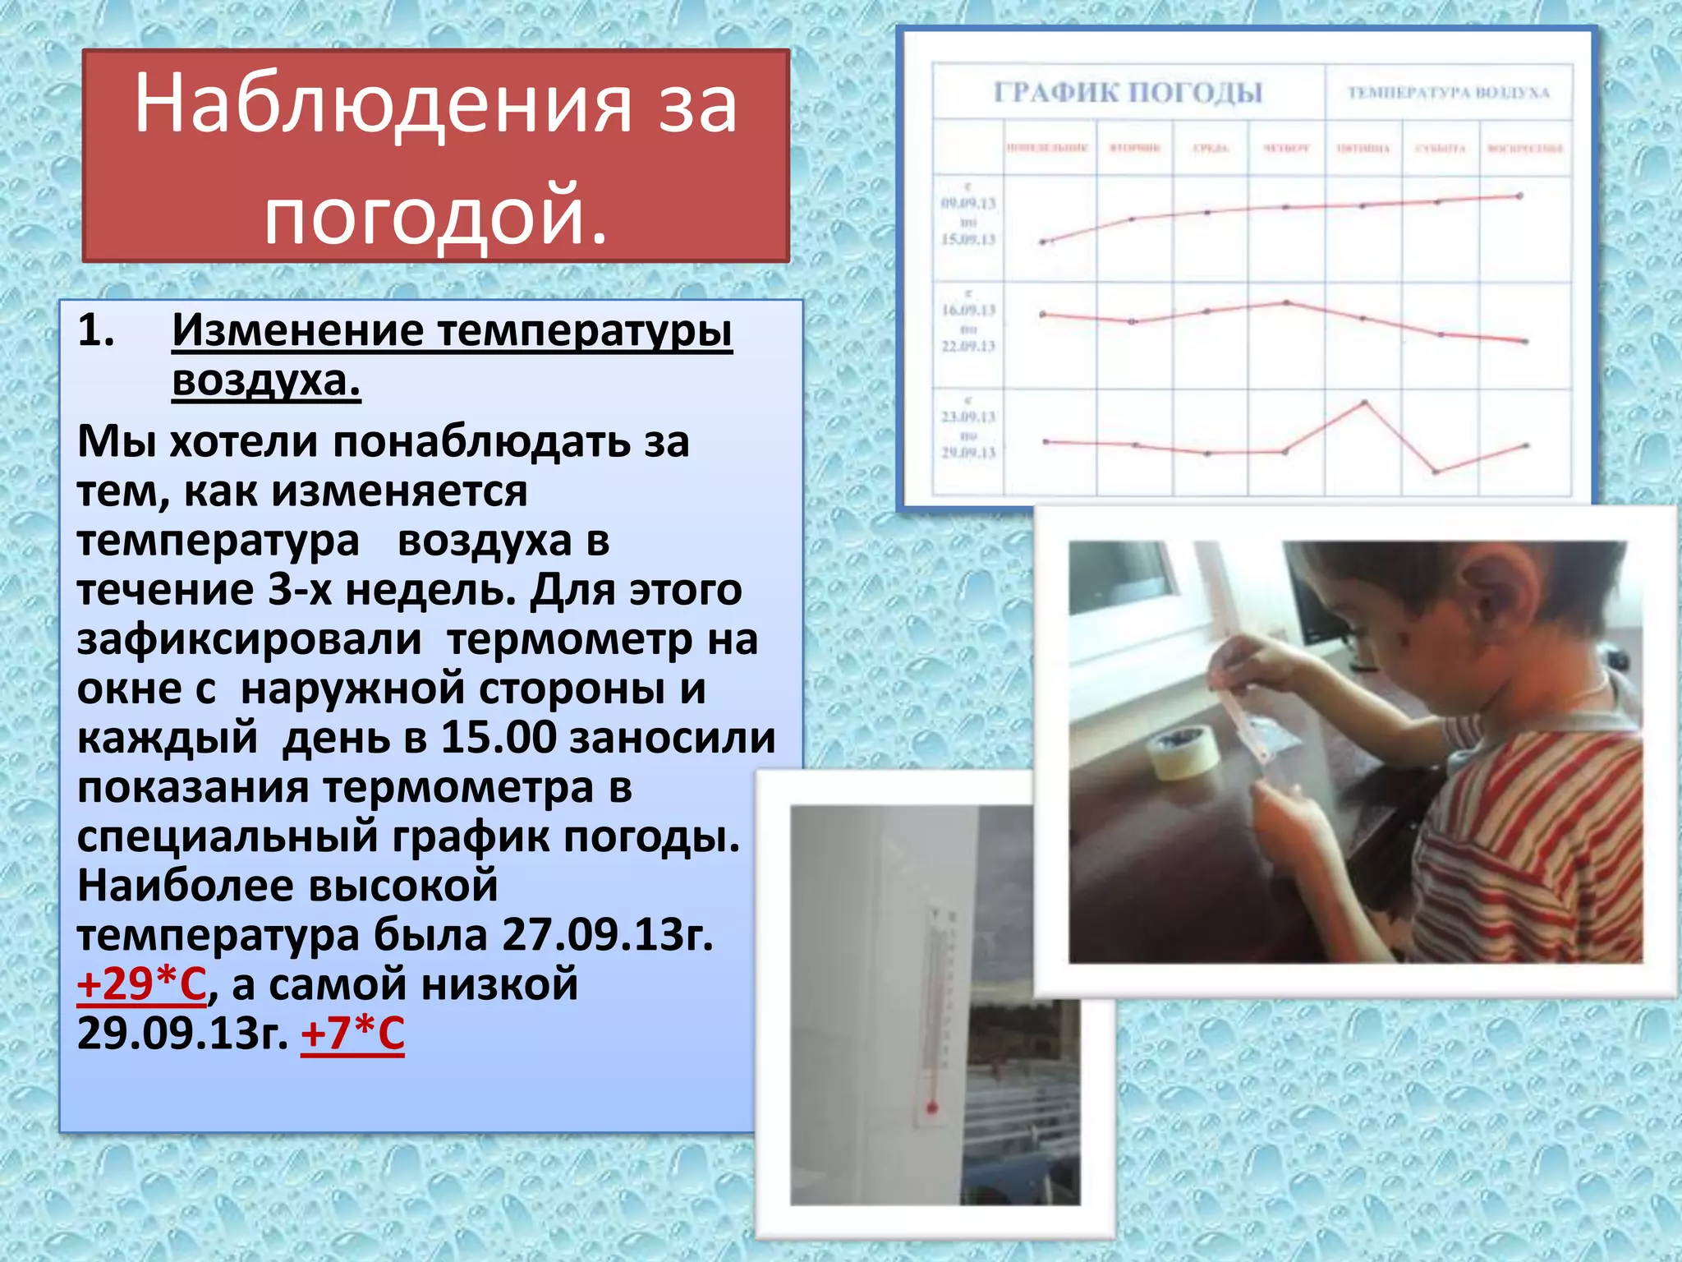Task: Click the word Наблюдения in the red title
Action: coord(383,104)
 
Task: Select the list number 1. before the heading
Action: coord(96,330)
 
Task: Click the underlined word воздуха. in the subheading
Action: coord(266,380)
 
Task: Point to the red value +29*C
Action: coord(141,984)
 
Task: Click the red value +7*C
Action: coord(352,1034)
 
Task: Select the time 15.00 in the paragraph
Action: coord(499,738)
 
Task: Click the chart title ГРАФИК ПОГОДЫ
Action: coord(1128,92)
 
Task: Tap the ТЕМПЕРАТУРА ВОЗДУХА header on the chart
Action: coord(1448,93)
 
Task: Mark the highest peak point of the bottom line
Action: coord(1365,403)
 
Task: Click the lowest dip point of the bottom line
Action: coord(1436,472)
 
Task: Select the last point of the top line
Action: coord(1519,196)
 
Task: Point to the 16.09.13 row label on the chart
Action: coord(968,311)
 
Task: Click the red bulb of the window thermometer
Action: coord(932,1108)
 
